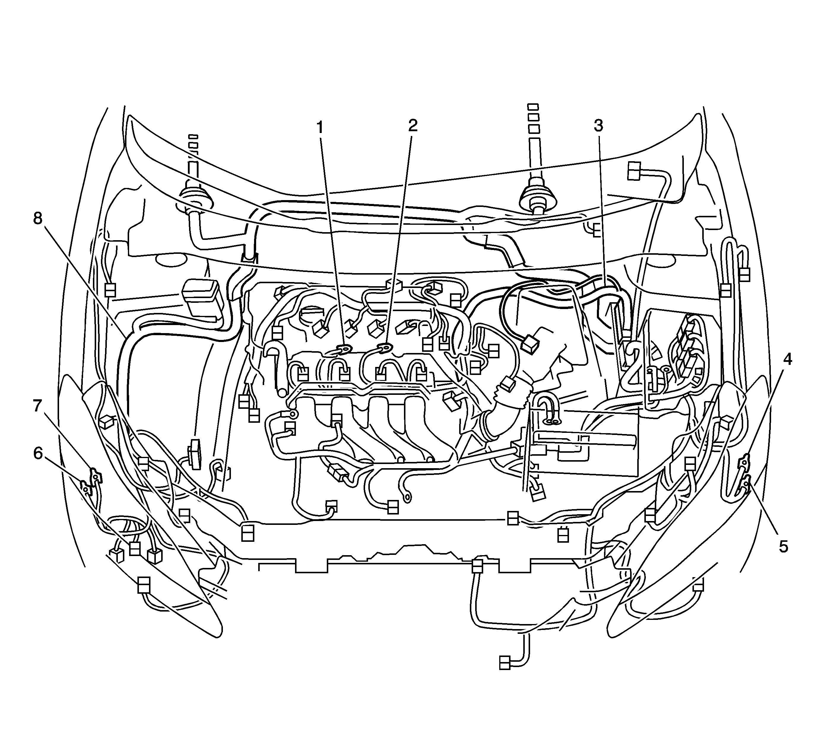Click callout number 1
(x=320, y=127)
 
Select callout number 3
(x=598, y=126)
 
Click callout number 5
(x=783, y=547)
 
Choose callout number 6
(x=38, y=453)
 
